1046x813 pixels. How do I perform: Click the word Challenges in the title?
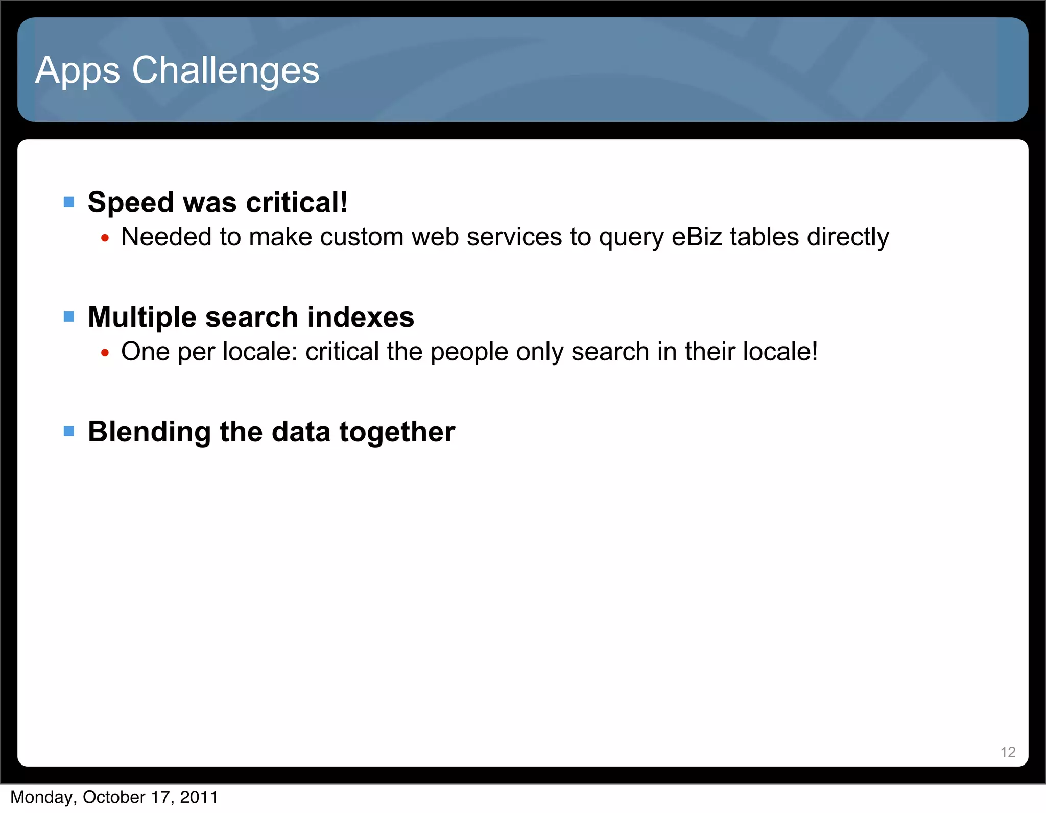point(226,70)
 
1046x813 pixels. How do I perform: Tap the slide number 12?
point(1008,752)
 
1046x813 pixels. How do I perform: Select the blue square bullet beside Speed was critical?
point(69,203)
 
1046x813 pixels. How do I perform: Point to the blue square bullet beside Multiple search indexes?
point(69,317)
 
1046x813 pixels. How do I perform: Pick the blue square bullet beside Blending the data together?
point(69,432)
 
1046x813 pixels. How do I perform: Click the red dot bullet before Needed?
point(105,238)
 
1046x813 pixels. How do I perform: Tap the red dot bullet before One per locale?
point(105,353)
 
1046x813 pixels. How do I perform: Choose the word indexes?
point(361,317)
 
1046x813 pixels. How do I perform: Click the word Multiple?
point(142,317)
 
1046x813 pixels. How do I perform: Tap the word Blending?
point(149,432)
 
